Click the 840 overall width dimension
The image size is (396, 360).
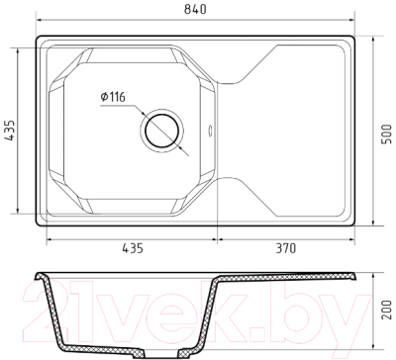pyautogui.click(x=195, y=9)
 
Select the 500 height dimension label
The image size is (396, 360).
pyautogui.click(x=386, y=134)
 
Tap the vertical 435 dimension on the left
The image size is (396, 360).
pyautogui.click(x=10, y=131)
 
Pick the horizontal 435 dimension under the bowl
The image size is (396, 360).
pyautogui.click(x=133, y=248)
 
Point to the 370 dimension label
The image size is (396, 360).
pyautogui.click(x=286, y=248)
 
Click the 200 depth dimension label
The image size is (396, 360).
pyautogui.click(x=386, y=310)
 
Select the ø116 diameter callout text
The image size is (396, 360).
pyautogui.click(x=113, y=97)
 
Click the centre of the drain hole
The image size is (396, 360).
pyautogui.click(x=162, y=131)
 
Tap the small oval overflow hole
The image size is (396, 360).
pyautogui.click(x=210, y=130)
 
